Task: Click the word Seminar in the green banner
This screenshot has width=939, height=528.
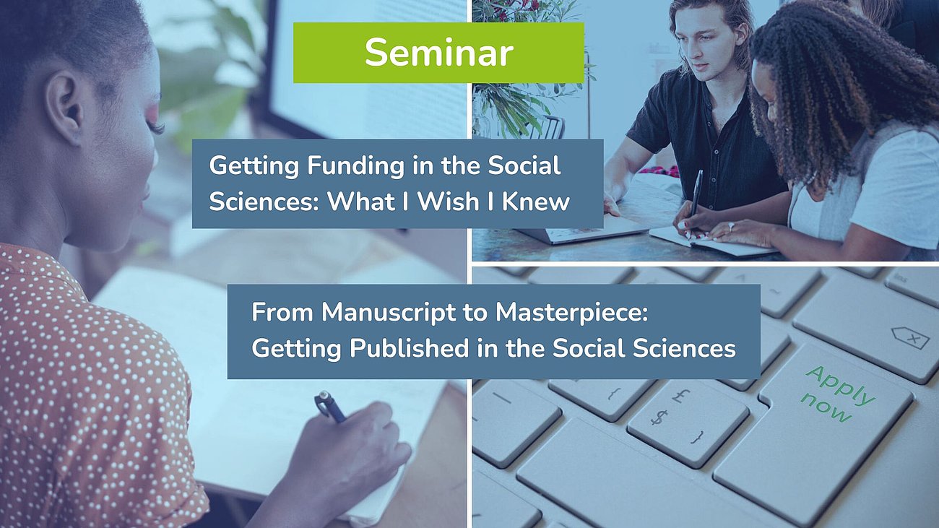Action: coord(439,53)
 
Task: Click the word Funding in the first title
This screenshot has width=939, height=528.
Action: coord(356,166)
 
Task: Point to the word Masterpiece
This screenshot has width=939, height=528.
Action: coord(571,312)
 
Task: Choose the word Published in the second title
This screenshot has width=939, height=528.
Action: coord(409,348)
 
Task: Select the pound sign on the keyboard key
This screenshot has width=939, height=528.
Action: coord(680,395)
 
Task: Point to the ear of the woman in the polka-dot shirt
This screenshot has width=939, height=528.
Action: coord(64,108)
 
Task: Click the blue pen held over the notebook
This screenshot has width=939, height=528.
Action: coord(330,407)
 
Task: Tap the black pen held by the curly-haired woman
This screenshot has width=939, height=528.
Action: coord(696,197)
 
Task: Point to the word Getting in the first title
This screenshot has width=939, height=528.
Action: coord(254,166)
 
